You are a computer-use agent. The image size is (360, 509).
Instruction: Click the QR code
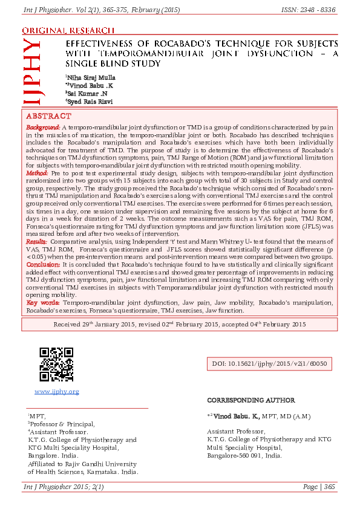[x=56, y=365]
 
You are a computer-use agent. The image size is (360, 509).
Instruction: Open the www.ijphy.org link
[x=57, y=392]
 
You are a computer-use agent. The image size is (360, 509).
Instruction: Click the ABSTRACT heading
[x=48, y=115]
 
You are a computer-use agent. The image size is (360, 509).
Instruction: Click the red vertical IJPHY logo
[x=31, y=70]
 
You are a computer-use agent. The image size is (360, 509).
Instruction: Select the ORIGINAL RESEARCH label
[x=68, y=30]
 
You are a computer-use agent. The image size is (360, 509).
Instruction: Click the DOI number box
[x=269, y=364]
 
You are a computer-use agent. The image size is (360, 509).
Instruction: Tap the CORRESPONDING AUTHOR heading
[x=250, y=400]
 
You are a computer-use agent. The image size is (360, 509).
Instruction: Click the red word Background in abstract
[x=42, y=128]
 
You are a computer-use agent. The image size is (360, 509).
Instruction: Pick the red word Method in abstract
[x=37, y=173]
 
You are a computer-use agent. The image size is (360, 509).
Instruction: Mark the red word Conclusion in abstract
[x=42, y=264]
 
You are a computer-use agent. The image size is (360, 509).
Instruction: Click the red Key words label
[x=42, y=301]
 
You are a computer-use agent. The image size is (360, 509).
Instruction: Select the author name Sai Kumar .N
[x=87, y=94]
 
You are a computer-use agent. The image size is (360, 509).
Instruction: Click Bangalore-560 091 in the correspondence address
[x=244, y=455]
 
